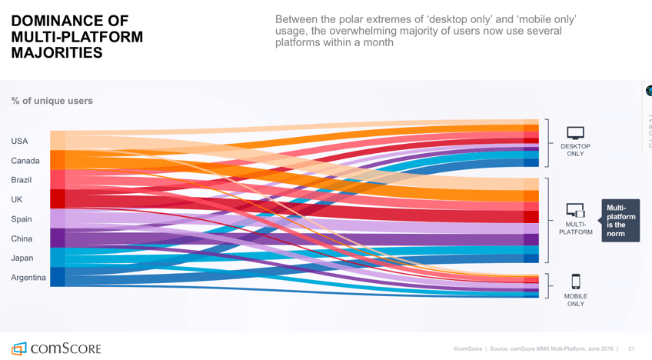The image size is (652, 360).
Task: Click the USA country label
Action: (x=19, y=142)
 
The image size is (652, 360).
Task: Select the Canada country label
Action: (x=25, y=161)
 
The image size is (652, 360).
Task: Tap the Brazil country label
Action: (x=22, y=180)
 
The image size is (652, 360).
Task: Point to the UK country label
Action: (x=17, y=199)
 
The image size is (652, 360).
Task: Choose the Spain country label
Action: (x=22, y=219)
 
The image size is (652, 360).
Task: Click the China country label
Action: (x=22, y=238)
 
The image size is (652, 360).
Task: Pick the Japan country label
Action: (x=22, y=258)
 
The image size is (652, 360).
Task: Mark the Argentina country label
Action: (x=28, y=278)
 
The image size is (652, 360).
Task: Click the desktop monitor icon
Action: (x=575, y=133)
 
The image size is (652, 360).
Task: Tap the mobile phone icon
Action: (x=575, y=282)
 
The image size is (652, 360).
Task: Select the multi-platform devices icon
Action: (x=575, y=209)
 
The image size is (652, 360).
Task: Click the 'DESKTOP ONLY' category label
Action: (x=575, y=150)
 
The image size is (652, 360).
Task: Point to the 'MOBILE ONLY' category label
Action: (x=575, y=300)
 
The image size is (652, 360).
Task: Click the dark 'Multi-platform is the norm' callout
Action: (x=620, y=220)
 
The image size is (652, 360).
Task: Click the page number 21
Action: (x=631, y=348)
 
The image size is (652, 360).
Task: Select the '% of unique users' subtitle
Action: (x=52, y=101)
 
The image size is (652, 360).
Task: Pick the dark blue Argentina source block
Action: (x=58, y=277)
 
